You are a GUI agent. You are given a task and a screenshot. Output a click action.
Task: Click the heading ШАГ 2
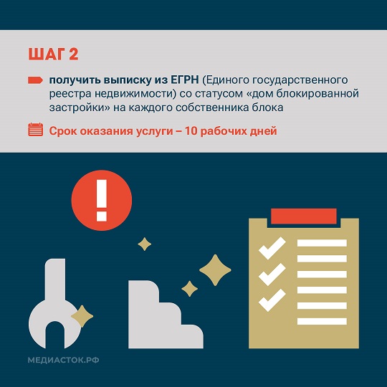(x=53, y=54)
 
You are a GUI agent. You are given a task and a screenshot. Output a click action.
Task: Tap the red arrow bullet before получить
(x=35, y=80)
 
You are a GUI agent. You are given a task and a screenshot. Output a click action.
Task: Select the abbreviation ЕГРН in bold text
(x=185, y=80)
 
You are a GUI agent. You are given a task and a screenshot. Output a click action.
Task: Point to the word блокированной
(x=317, y=94)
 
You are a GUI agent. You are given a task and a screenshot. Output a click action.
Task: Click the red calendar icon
(x=36, y=129)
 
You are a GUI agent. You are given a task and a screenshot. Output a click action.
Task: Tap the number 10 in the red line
(x=191, y=131)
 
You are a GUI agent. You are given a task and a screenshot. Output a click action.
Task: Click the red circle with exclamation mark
(x=102, y=200)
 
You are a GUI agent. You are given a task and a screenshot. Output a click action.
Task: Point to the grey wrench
(x=54, y=304)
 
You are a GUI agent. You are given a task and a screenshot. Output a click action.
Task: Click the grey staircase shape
(x=166, y=315)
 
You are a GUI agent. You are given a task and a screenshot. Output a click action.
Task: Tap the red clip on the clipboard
(x=304, y=216)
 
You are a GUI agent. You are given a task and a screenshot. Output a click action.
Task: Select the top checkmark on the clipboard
(x=272, y=248)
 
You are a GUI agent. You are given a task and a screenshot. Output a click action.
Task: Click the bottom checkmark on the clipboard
(x=272, y=300)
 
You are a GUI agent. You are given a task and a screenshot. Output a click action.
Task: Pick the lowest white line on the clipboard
(x=322, y=321)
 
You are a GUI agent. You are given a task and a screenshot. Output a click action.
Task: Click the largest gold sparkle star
(x=215, y=270)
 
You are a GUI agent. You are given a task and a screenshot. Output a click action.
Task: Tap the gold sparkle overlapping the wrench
(x=82, y=316)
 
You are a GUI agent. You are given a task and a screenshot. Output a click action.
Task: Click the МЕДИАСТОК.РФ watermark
(x=64, y=360)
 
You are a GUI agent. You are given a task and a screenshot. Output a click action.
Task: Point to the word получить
(x=75, y=80)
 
